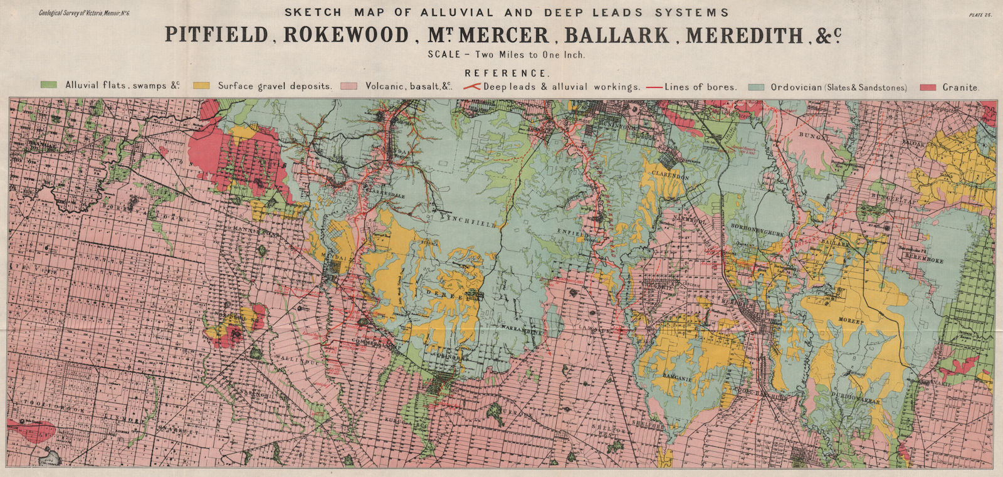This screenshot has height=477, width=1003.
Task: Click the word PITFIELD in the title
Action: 216,34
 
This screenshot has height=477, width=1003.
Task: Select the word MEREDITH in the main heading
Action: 744,35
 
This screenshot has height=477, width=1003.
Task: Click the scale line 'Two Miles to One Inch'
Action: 507,55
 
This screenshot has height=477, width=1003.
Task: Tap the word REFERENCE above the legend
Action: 506,73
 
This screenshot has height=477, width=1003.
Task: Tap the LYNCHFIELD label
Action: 468,220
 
